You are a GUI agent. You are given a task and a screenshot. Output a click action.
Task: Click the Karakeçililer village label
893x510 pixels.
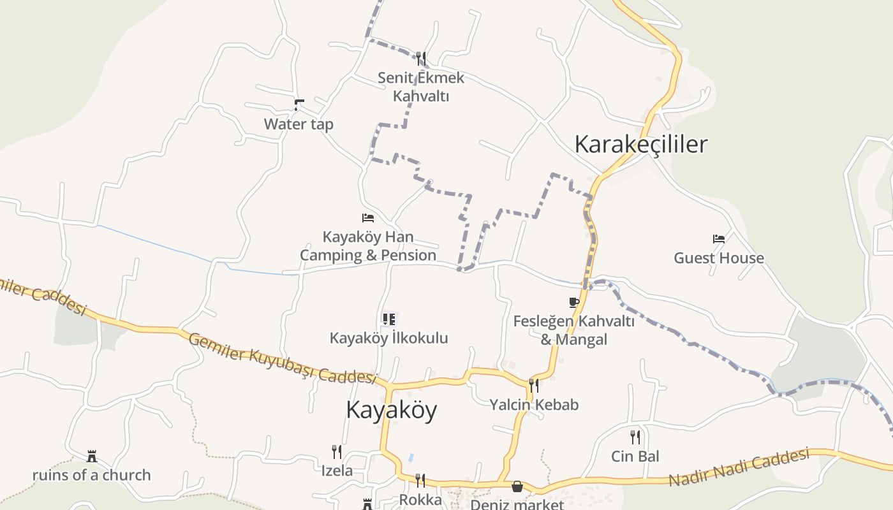(641, 144)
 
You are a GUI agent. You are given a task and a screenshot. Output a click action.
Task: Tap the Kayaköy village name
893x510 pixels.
(391, 409)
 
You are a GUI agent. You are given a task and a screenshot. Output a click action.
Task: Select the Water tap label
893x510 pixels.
(299, 124)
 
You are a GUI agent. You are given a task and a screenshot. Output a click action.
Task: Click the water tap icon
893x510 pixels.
(299, 104)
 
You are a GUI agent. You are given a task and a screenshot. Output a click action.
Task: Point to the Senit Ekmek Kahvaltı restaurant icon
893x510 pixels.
(420, 59)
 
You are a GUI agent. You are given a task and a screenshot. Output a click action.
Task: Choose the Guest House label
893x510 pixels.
(719, 258)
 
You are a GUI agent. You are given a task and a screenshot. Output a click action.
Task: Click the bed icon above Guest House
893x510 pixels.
(719, 239)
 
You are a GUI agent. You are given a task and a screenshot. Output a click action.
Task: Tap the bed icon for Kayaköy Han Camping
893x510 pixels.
(368, 218)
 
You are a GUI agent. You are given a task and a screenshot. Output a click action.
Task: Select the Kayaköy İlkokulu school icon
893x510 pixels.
(388, 319)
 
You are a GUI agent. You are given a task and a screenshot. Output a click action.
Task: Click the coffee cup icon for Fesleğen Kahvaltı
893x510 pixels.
(574, 302)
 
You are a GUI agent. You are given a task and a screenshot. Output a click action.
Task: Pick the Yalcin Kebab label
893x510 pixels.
(534, 404)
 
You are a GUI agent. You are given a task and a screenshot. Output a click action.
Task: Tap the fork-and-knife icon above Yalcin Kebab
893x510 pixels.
(534, 385)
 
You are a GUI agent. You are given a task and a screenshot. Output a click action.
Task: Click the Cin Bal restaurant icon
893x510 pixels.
(635, 437)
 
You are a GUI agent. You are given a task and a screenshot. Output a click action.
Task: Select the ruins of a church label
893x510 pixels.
(92, 475)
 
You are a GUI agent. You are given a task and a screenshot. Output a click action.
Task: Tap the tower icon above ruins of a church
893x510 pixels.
(92, 456)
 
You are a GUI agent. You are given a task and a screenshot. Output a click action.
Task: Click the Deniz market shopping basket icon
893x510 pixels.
(517, 486)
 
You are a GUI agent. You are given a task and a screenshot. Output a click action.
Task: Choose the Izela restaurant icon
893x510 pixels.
(337, 452)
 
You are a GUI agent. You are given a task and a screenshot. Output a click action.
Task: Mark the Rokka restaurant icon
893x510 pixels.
(420, 480)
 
